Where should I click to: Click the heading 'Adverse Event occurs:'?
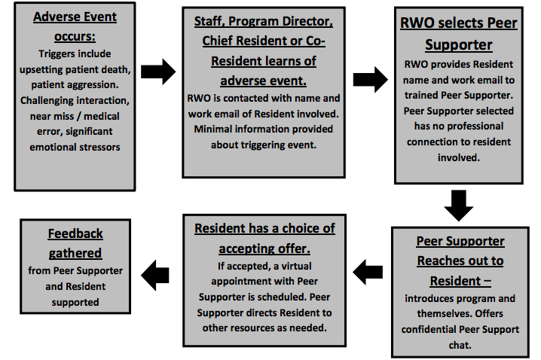(75, 26)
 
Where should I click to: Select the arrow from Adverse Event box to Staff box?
(158, 72)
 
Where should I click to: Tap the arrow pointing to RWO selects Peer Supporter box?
(370, 80)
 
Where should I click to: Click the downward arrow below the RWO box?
(459, 206)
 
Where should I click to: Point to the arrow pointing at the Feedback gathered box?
(155, 275)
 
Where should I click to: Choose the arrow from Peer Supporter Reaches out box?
(368, 272)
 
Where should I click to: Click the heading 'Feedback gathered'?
(75, 243)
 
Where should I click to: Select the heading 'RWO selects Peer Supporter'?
(459, 33)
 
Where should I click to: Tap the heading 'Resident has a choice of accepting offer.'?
(264, 238)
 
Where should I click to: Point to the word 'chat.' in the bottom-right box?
(460, 345)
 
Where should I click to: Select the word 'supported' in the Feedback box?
(75, 303)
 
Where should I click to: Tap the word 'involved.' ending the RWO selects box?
(459, 157)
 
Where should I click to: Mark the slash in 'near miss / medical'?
(78, 116)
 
